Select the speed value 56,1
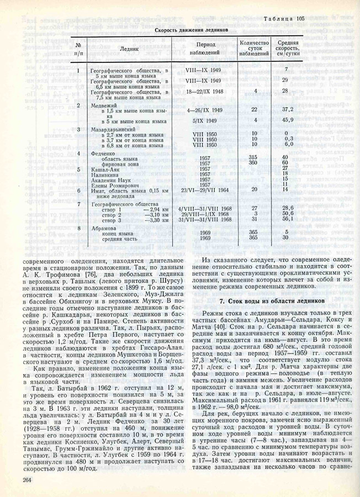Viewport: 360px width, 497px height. tap(286, 219)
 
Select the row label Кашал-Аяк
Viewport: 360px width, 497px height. tap(106, 169)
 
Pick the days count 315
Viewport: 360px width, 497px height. tap(255, 158)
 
